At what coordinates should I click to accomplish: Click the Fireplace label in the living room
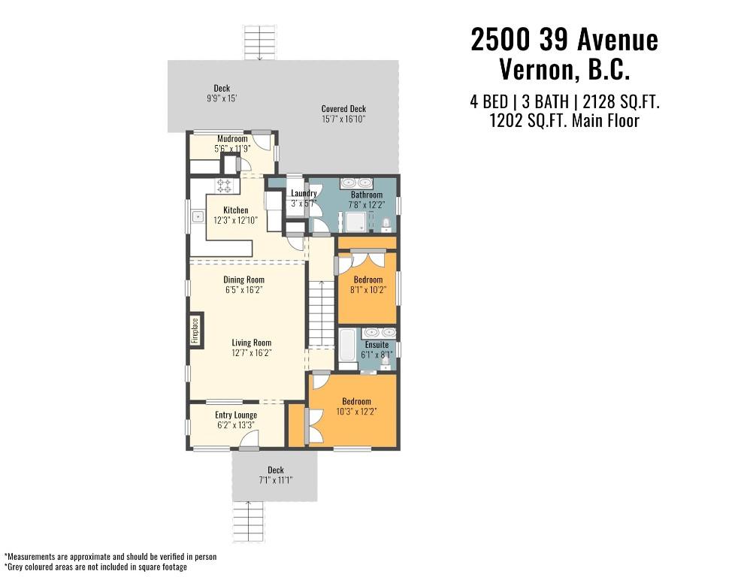coord(195,330)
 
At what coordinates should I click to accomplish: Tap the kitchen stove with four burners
coord(224,185)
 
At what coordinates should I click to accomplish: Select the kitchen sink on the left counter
coord(198,217)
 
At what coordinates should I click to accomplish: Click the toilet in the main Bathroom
coord(386,225)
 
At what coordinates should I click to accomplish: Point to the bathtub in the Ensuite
coord(347,345)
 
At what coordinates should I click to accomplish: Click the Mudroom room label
coord(232,139)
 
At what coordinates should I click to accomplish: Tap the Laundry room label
coord(304,193)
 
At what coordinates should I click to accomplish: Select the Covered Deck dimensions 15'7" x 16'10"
coord(343,119)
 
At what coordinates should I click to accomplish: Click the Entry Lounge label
coord(236,415)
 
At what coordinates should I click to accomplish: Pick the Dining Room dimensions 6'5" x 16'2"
coord(244,290)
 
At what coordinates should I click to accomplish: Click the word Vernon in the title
coord(537,70)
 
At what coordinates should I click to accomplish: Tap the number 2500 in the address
coord(501,39)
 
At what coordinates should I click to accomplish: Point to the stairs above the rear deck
coord(259,43)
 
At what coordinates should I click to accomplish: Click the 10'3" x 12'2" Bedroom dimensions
coord(357,412)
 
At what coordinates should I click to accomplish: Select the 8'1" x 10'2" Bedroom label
coord(367,279)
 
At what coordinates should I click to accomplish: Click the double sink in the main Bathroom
coord(356,183)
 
